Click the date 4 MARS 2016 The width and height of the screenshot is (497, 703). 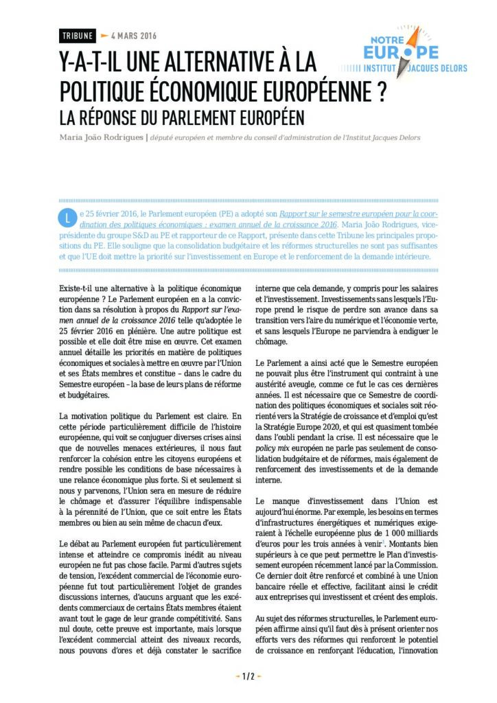click(x=135, y=35)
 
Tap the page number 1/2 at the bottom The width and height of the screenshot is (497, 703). click(x=248, y=676)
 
